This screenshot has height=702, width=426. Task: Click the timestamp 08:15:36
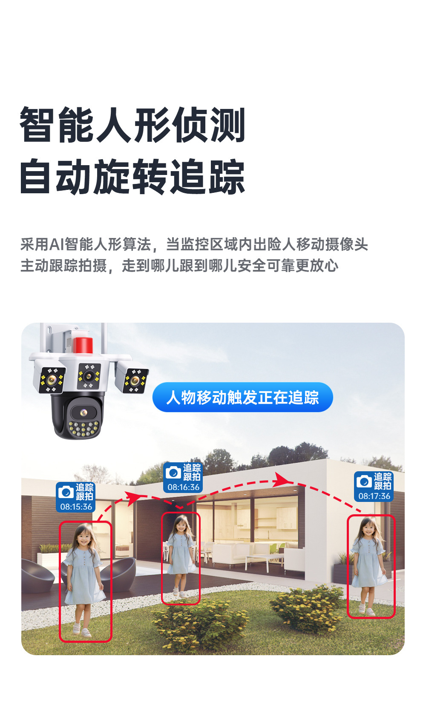coord(76,507)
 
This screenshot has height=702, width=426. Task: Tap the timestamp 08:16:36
coord(184,487)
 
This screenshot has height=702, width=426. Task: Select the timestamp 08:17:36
coord(374,496)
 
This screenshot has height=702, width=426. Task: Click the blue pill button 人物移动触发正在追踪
coord(242,397)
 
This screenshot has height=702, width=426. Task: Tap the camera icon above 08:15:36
coord(66,492)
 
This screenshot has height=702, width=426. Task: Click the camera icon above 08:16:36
coord(173,473)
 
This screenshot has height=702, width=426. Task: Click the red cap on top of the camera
coord(83,345)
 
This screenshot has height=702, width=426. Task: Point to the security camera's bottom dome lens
coord(83,413)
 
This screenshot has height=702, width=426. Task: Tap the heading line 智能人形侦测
coord(132,125)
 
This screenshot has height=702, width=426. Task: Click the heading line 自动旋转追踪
coord(132,176)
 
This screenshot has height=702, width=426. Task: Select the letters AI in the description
coord(57,244)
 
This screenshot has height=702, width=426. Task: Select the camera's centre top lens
coord(89,376)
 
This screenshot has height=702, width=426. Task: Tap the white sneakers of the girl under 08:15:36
coord(81,630)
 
